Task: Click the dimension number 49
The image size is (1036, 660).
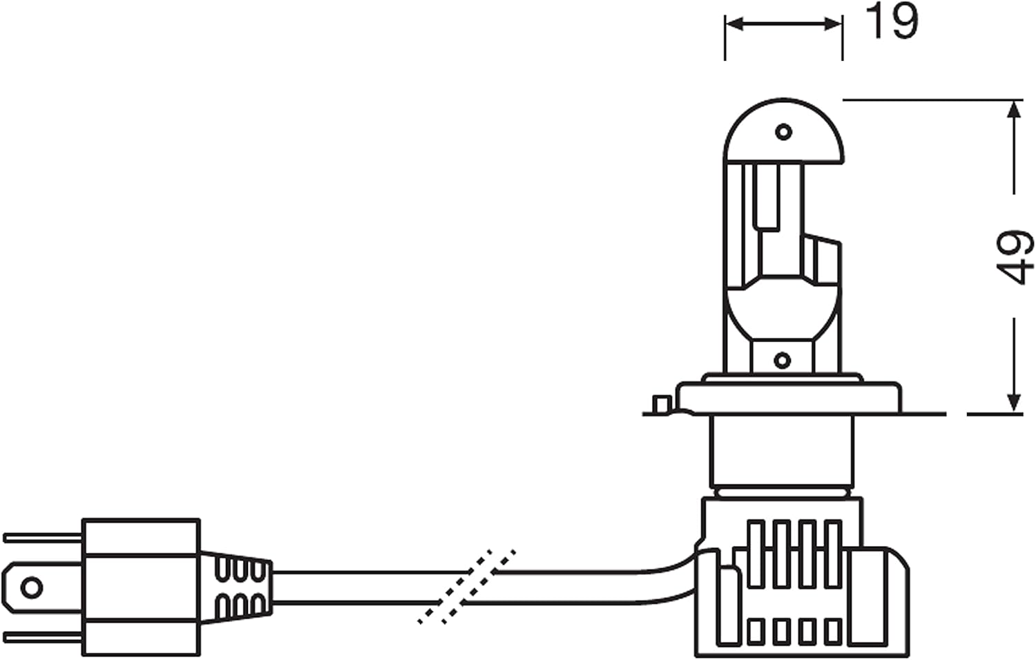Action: coord(1015,257)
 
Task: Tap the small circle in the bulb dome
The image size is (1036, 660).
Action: coord(783,133)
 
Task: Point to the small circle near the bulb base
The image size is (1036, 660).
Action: coord(782,360)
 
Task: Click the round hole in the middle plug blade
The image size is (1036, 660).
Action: coord(32,588)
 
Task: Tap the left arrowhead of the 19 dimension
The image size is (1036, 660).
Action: coord(735,24)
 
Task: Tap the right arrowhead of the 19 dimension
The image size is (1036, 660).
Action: coord(833,24)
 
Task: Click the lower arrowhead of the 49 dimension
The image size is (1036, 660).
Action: coord(1014,402)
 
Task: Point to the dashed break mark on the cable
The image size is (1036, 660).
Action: coord(466,587)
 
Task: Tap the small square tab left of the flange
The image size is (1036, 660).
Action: coord(662,404)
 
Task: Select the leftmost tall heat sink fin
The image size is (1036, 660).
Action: coord(756,554)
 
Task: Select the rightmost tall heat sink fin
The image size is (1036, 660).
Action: coord(834,554)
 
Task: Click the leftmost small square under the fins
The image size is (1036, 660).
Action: coord(756,632)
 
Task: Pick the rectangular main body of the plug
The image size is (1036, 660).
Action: coord(141,587)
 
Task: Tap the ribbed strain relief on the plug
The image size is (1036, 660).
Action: coord(236,587)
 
